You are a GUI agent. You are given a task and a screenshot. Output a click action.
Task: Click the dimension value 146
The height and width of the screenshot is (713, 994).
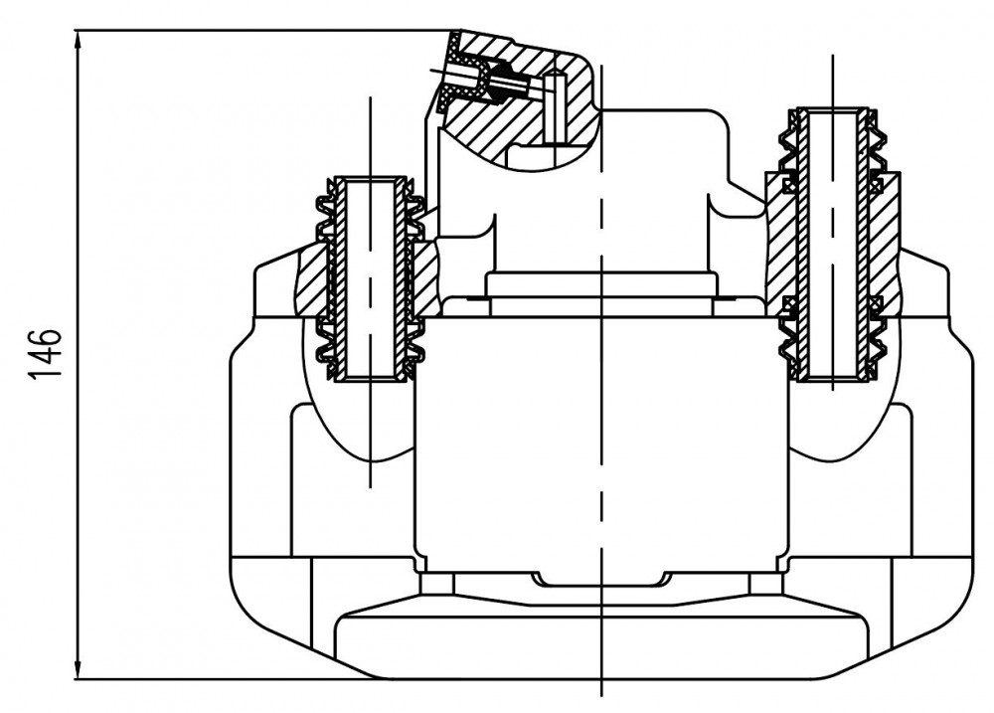[45, 354]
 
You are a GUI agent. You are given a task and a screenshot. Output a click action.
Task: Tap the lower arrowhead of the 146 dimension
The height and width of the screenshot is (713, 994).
[78, 666]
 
